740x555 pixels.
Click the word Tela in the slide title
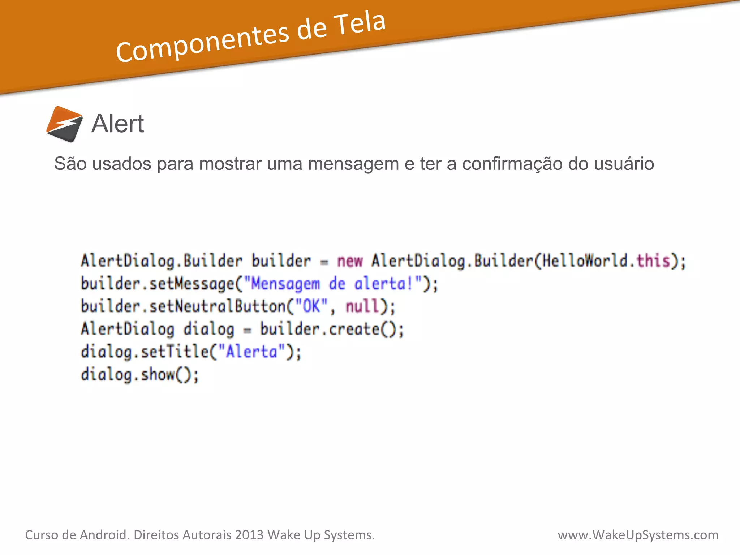360,25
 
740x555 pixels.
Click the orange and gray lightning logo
64,124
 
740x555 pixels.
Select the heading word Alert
118,124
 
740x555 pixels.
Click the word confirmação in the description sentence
512,164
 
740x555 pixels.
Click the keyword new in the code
350,261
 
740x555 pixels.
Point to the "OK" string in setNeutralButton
311,306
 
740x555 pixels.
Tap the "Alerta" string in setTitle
251,352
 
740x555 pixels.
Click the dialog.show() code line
139,374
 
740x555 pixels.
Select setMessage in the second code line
192,284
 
